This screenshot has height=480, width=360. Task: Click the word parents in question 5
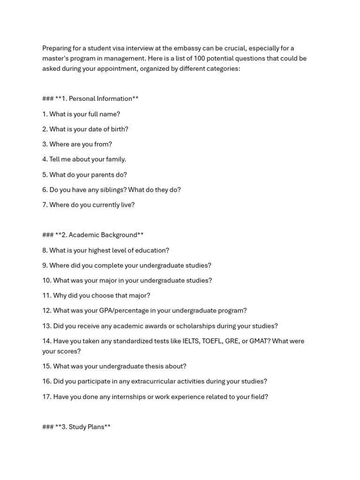pyautogui.click(x=98, y=175)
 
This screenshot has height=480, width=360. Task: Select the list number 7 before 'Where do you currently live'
pyautogui.click(x=45, y=205)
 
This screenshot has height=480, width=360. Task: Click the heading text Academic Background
pyautogui.click(x=103, y=235)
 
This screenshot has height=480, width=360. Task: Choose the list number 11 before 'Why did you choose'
pyautogui.click(x=46, y=296)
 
